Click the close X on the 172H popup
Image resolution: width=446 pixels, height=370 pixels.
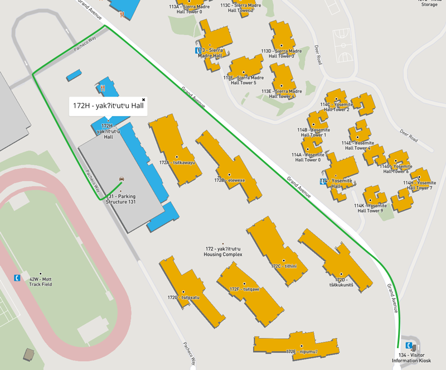(x=143, y=100)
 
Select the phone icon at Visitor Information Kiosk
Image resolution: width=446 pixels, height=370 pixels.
(x=410, y=345)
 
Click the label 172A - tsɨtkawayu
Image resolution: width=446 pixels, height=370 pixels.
(x=177, y=163)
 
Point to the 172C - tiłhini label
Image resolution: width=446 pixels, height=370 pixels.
(x=284, y=266)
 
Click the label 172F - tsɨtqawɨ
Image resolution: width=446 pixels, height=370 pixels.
(x=244, y=289)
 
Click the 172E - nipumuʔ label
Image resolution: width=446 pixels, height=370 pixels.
(x=302, y=352)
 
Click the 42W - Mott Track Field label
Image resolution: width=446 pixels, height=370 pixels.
(x=40, y=281)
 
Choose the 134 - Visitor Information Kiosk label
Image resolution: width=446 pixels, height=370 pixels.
(x=411, y=358)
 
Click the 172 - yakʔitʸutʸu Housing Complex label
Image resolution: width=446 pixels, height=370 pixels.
(x=222, y=251)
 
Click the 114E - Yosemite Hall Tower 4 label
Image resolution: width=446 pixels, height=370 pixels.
(x=356, y=145)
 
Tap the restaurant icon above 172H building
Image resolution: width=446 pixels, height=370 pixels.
(x=103, y=88)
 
